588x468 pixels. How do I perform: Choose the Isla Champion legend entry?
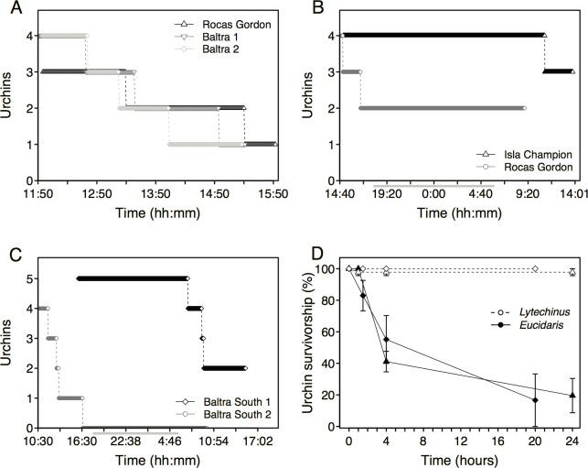[x=518, y=154]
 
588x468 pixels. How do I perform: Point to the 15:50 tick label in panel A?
[x=275, y=194]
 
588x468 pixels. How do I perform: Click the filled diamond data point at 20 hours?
[x=535, y=400]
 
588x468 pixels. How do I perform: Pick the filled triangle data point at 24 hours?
[x=572, y=396]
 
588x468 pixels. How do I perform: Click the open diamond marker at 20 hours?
[x=535, y=269]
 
